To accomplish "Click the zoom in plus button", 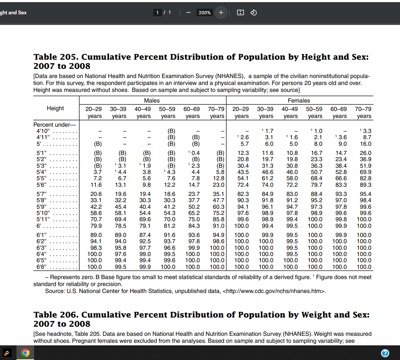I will pyautogui.click(x=221, y=12).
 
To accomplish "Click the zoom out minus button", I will pyautogui.click(x=188, y=12).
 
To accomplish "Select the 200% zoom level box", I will pyautogui.click(x=205, y=12).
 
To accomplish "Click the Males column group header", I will pyautogui.click(x=152, y=100).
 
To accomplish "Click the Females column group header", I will pyautogui.click(x=299, y=100).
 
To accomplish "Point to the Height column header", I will pyautogui.click(x=55, y=108).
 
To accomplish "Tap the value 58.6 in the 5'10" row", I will pyautogui.click(x=96, y=213).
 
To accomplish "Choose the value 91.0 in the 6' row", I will pyautogui.click(x=218, y=226).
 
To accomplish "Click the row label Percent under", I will pyautogui.click(x=54, y=125).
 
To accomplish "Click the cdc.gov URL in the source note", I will pyautogui.click(x=274, y=291).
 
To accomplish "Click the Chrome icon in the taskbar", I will pyautogui.click(x=25, y=353).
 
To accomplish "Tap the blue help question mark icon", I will pyautogui.click(x=385, y=353).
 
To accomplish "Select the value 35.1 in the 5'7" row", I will pyautogui.click(x=218, y=194).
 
